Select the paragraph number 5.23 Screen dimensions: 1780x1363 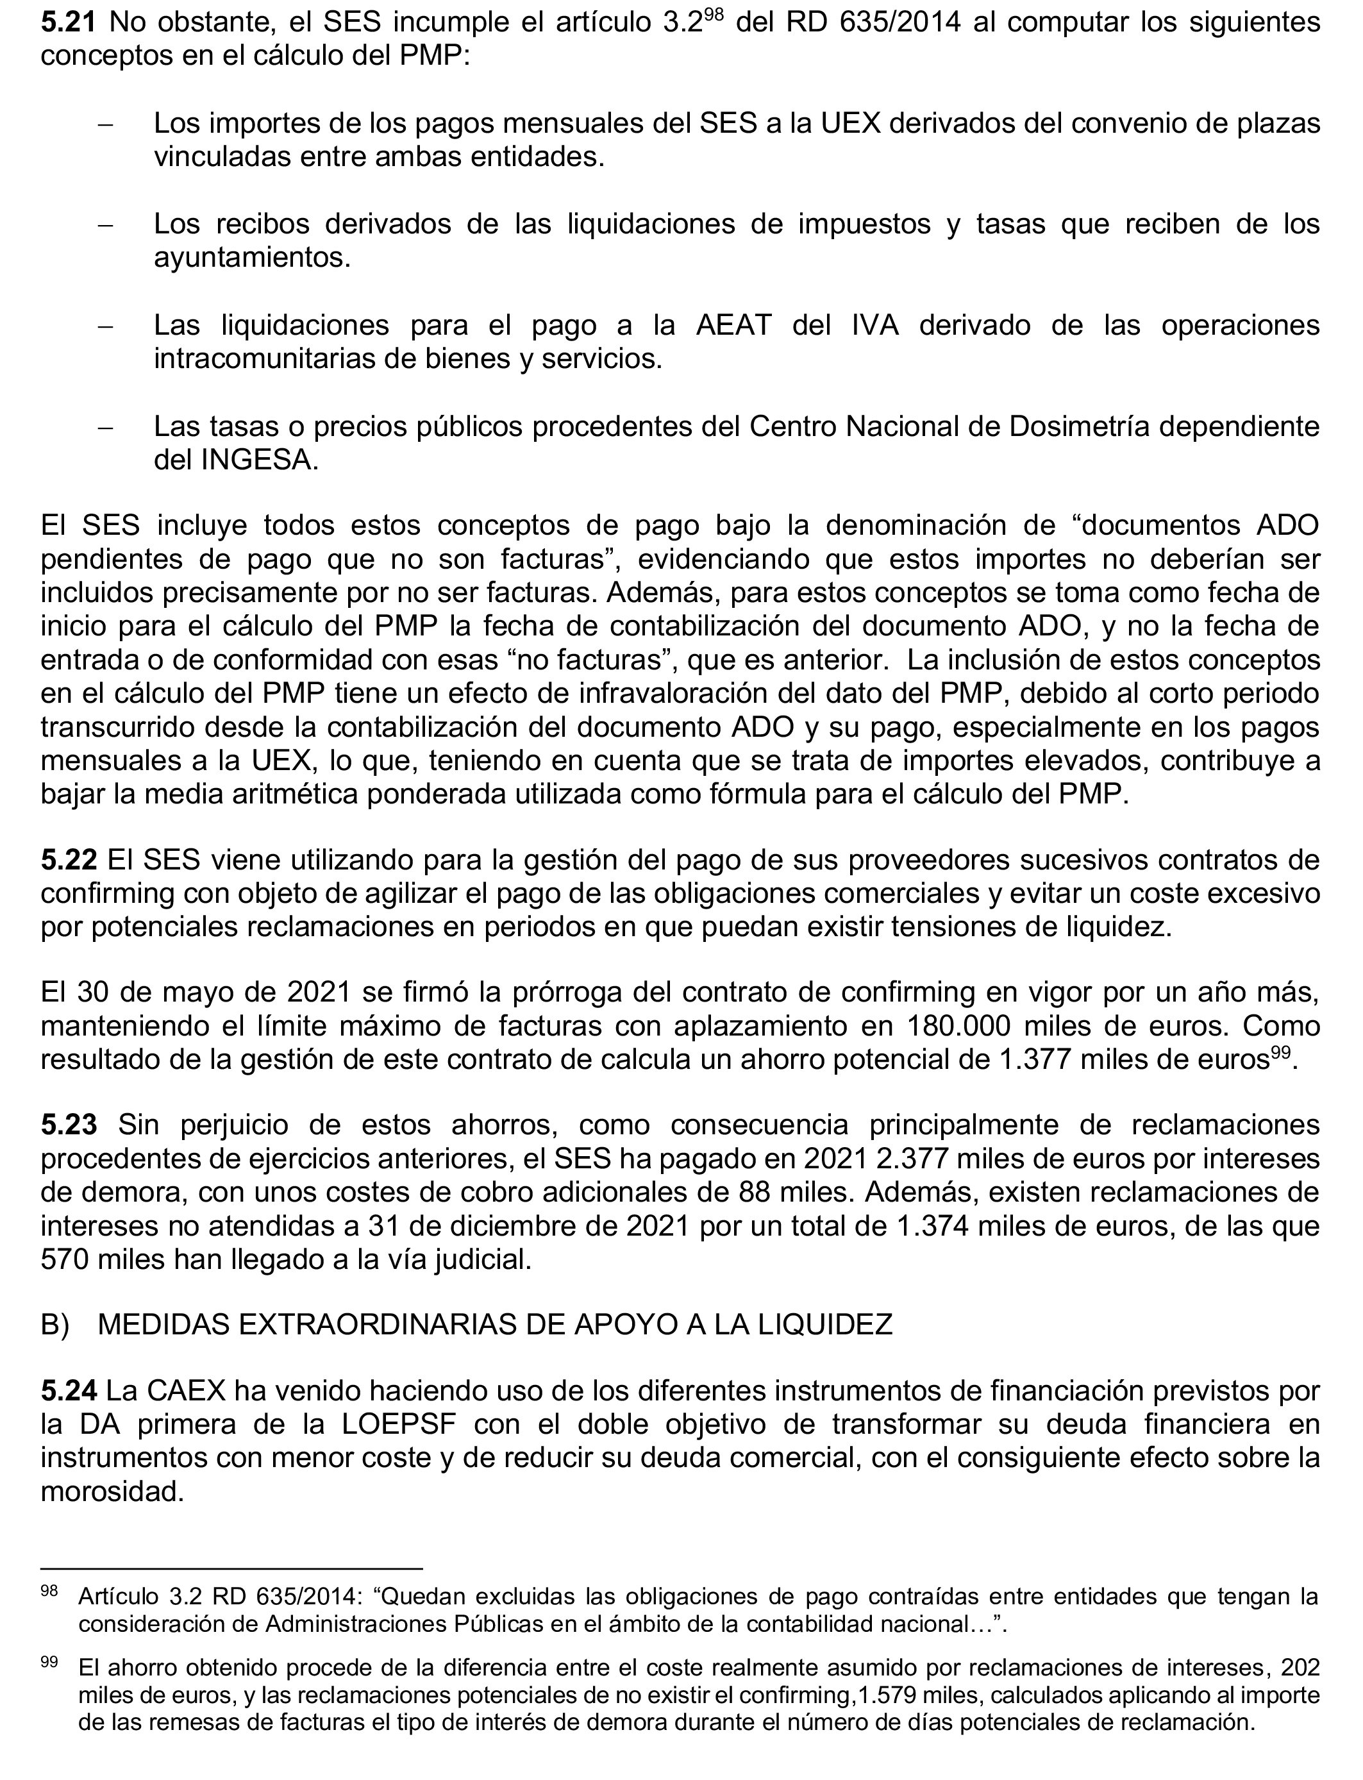tap(69, 1125)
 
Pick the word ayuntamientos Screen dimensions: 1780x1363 tap(251, 258)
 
